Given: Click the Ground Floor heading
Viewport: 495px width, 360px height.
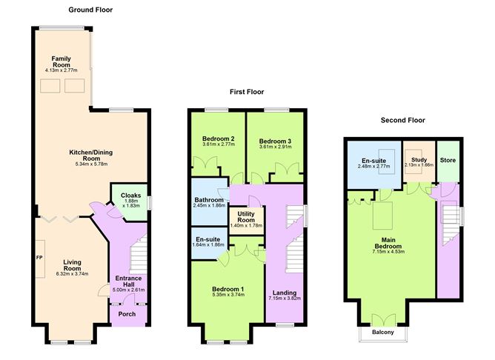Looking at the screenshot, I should pyautogui.click(x=90, y=10).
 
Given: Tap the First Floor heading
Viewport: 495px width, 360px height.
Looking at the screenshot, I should pyautogui.click(x=246, y=93).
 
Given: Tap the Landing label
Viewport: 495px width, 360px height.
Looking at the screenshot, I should pyautogui.click(x=285, y=293).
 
